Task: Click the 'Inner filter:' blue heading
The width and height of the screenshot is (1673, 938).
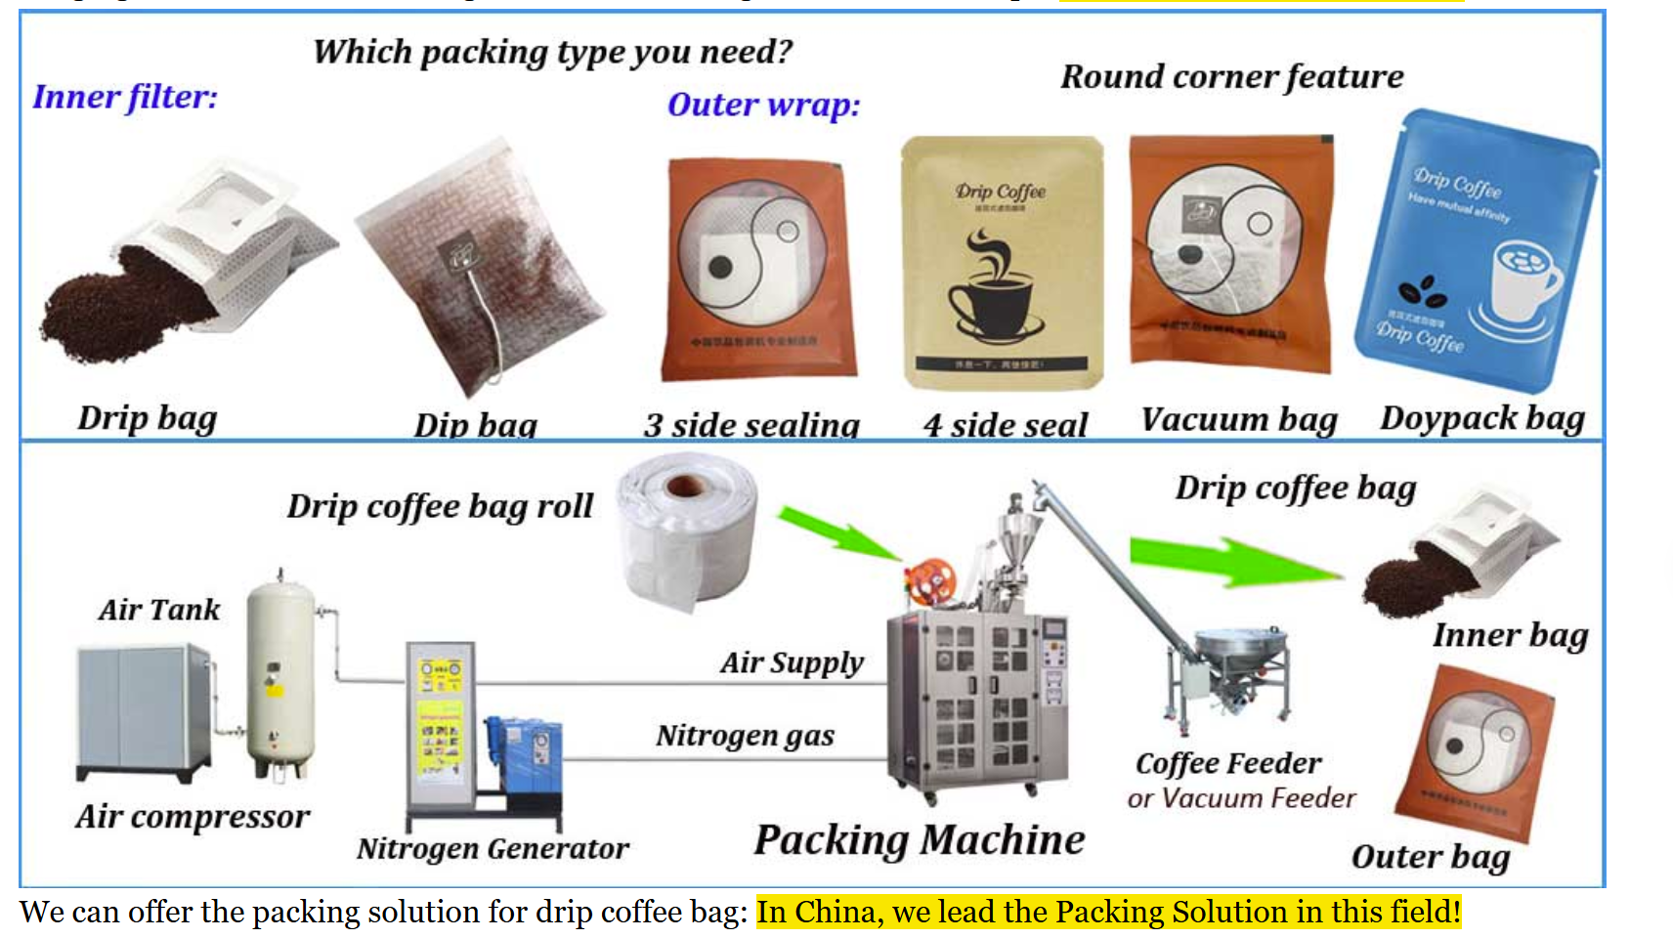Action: coord(125,97)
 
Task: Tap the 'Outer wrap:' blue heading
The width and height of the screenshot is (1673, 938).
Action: coord(763,105)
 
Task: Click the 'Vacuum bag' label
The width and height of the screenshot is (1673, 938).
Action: coord(1238,419)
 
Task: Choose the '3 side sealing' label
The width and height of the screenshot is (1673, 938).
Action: coord(751,425)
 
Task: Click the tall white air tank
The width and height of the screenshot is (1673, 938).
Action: coord(280,674)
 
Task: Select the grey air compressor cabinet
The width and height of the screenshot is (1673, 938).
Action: coord(143,709)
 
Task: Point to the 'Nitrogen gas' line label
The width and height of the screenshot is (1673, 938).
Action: coord(745,735)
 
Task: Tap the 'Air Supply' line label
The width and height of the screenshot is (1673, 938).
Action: coord(792,662)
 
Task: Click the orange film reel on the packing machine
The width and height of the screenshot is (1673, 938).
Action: coord(929,581)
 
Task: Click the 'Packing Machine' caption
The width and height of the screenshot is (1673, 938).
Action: coord(919,840)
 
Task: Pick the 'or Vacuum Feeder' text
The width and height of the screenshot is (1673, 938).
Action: coord(1241,798)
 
